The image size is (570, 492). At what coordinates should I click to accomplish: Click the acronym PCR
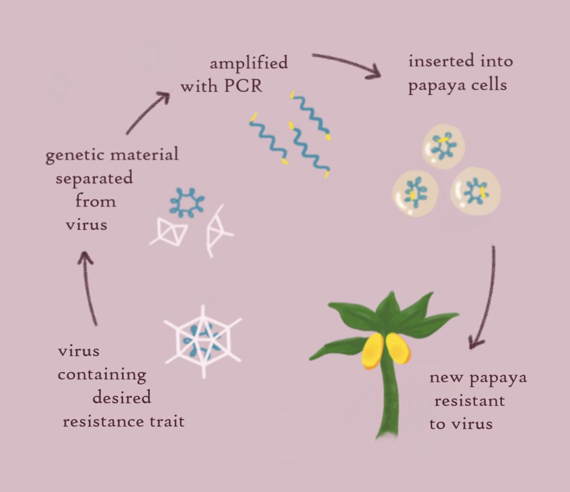tap(243, 86)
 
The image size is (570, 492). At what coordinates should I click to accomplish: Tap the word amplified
tap(249, 62)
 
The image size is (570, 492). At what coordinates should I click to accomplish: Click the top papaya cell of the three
tap(443, 147)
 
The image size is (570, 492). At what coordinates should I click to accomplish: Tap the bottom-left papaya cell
tap(415, 193)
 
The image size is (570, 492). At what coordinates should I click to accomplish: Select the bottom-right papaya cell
tap(475, 191)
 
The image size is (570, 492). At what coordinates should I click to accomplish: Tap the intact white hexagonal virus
tap(203, 341)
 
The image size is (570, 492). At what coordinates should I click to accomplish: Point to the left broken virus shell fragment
tap(169, 231)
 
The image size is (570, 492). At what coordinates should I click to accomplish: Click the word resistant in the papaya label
tap(469, 401)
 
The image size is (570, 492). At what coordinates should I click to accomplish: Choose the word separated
tap(94, 179)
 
